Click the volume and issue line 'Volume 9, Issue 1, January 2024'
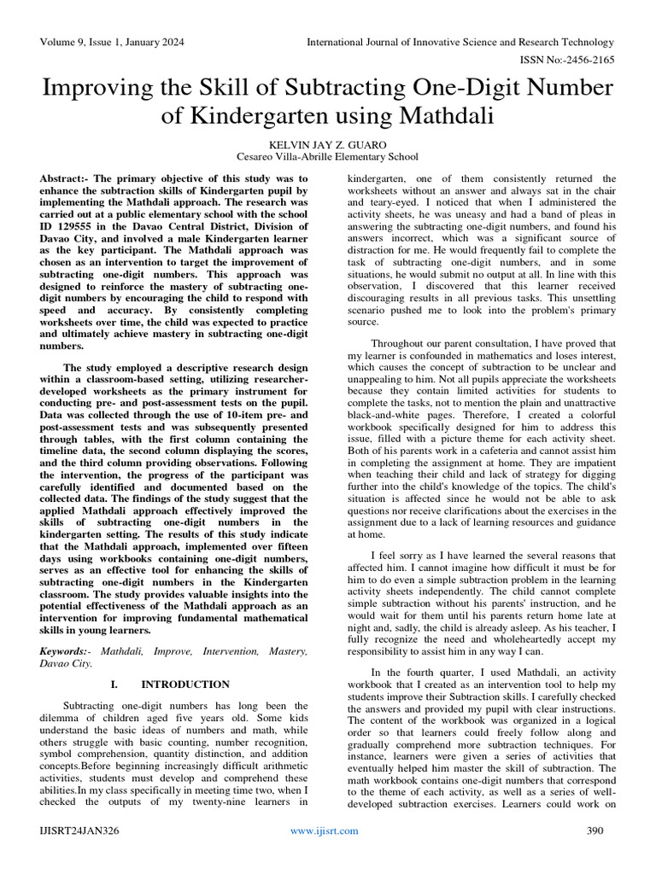[x=113, y=42]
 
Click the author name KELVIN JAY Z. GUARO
[x=327, y=144]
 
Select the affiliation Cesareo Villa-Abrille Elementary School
[x=327, y=157]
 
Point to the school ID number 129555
[x=70, y=226]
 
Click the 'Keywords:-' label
[x=67, y=651]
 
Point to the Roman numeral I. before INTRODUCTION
[x=114, y=685]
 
